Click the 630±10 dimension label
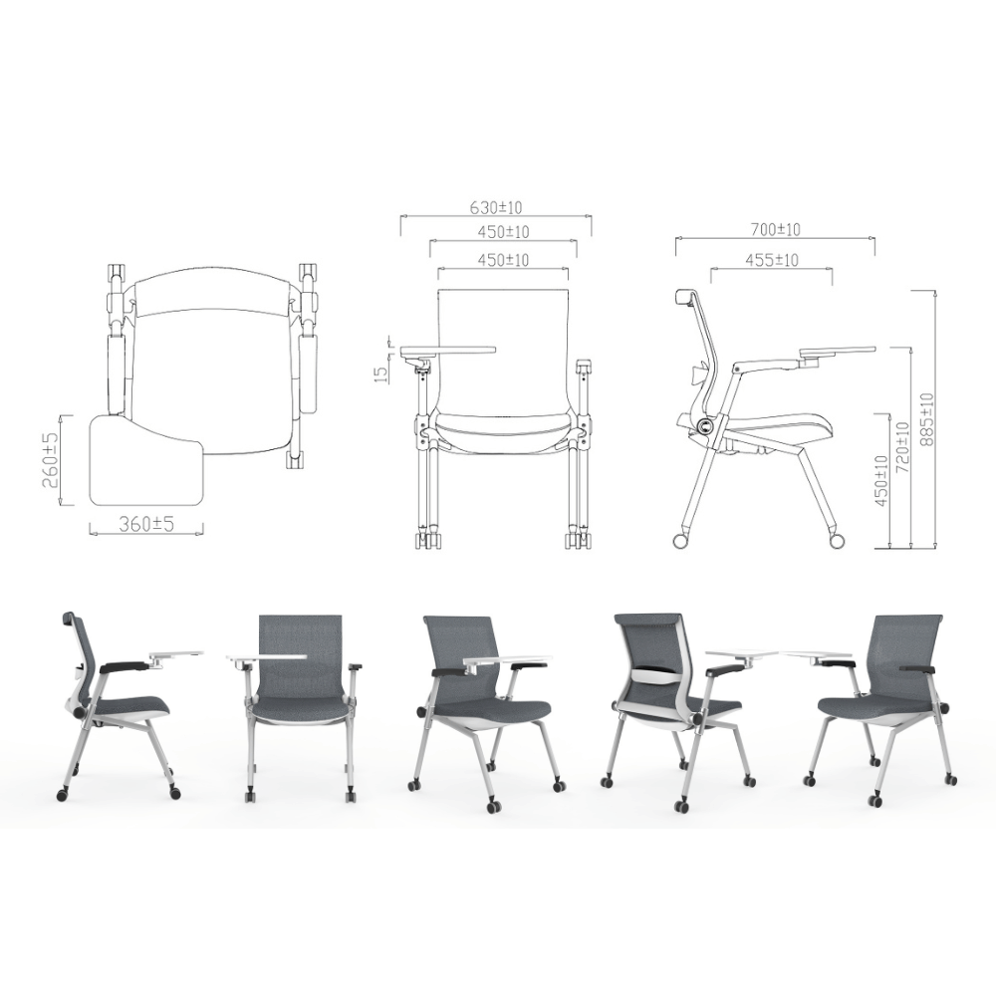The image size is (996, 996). tap(496, 208)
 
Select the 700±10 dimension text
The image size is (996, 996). tap(775, 229)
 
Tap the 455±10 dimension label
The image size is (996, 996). tap(772, 260)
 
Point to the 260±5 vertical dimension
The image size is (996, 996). tap(51, 460)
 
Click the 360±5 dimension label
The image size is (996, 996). tap(146, 524)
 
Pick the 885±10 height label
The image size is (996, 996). tap(926, 419)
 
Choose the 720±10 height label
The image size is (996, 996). tap(901, 446)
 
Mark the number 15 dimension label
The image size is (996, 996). tap(380, 374)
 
